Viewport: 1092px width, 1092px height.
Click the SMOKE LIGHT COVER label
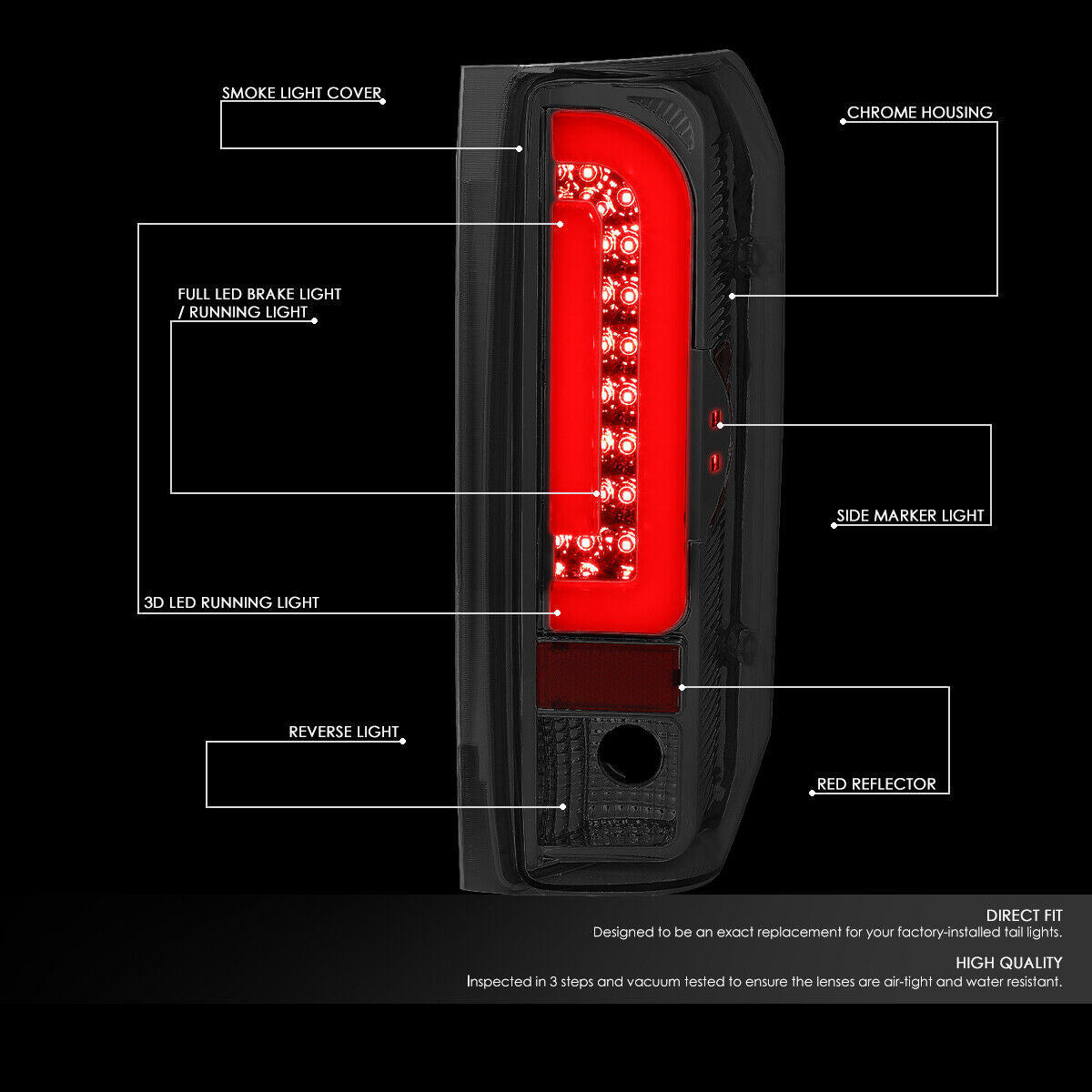(x=301, y=93)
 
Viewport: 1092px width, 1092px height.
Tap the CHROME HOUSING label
(x=919, y=112)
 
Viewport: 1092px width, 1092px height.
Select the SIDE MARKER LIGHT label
(x=910, y=516)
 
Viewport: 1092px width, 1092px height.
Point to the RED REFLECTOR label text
(x=876, y=784)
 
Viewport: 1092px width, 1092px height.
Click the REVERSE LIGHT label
(x=343, y=732)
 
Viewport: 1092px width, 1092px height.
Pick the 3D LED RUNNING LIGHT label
(x=231, y=602)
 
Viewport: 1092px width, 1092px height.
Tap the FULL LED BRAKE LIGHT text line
(x=259, y=294)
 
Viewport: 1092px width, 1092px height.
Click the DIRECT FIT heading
(x=1024, y=915)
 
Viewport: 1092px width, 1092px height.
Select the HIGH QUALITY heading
(x=1008, y=963)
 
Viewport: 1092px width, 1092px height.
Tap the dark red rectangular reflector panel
(x=608, y=678)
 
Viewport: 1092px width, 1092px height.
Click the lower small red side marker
(x=714, y=462)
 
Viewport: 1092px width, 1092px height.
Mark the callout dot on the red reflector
(x=682, y=687)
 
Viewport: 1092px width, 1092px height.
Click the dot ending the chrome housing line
(x=733, y=296)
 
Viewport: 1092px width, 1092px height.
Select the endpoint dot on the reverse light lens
(x=563, y=807)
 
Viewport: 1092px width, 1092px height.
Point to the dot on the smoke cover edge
(x=519, y=148)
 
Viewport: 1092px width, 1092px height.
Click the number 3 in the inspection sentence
(x=553, y=982)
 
